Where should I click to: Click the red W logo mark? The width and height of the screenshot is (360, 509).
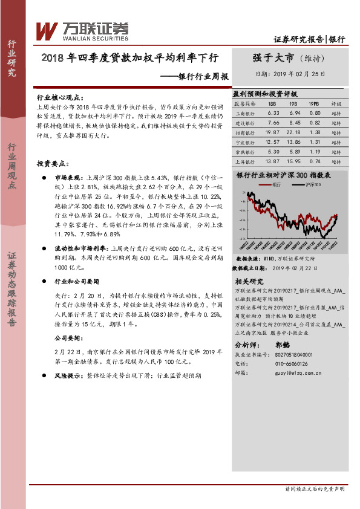pyautogui.click(x=47, y=30)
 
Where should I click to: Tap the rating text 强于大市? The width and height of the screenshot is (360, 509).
pyautogui.click(x=273, y=58)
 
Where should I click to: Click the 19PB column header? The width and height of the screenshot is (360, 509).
pyautogui.click(x=314, y=103)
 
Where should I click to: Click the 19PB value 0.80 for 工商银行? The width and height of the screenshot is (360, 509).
pyautogui.click(x=315, y=113)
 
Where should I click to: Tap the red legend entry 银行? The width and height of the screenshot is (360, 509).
pyautogui.click(x=277, y=183)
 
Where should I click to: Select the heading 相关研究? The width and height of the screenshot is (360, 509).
pyautogui.click(x=249, y=281)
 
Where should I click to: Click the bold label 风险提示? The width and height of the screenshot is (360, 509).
pyautogui.click(x=70, y=375)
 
